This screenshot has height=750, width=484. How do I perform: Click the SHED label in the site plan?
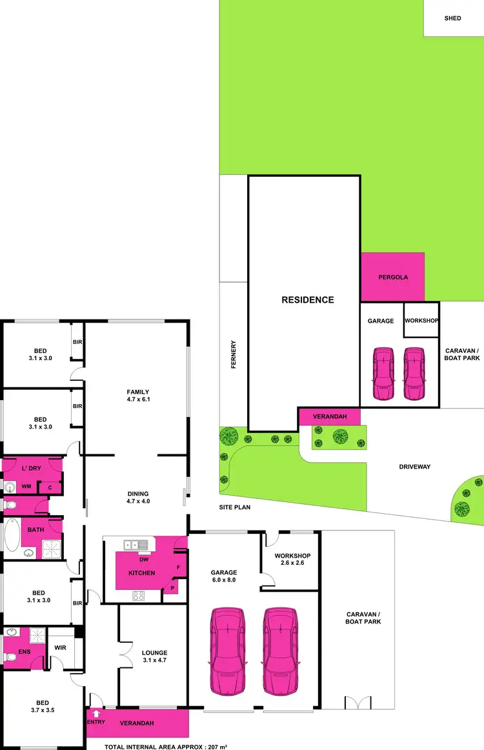[452, 18]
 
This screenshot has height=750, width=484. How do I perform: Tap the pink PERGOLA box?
[392, 278]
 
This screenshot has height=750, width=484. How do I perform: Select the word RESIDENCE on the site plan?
[307, 299]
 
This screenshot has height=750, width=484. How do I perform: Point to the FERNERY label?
[234, 354]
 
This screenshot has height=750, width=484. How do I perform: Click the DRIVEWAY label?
[414, 467]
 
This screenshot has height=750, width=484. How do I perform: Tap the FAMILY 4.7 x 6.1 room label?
[138, 396]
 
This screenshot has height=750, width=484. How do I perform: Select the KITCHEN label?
[141, 573]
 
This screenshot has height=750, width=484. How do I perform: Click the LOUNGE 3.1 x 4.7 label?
[154, 656]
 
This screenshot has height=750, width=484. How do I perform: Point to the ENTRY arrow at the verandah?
[96, 715]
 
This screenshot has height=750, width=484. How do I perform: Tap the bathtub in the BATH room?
[12, 536]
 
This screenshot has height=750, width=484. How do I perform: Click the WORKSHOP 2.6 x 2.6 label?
[292, 560]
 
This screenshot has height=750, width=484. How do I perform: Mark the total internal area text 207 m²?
[166, 745]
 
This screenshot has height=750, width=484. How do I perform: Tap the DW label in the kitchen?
[143, 560]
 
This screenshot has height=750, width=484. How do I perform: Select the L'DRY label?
[31, 468]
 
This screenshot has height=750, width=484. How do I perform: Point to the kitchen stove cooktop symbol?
[139, 595]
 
